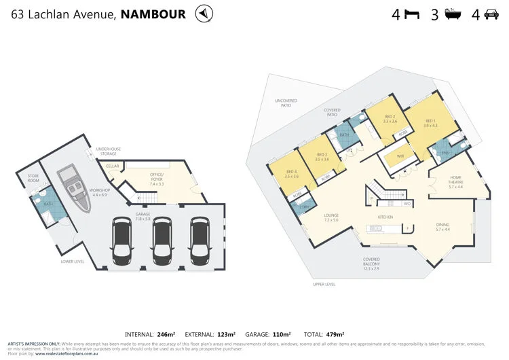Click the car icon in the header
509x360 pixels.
(491, 14)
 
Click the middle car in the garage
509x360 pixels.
(162, 240)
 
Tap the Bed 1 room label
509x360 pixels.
(431, 123)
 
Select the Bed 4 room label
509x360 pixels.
(293, 174)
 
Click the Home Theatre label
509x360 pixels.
(455, 183)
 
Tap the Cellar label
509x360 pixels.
(113, 166)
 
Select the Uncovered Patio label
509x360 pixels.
(286, 103)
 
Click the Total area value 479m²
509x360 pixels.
(333, 334)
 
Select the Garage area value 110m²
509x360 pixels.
(280, 334)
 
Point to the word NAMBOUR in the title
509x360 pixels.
(153, 14)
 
